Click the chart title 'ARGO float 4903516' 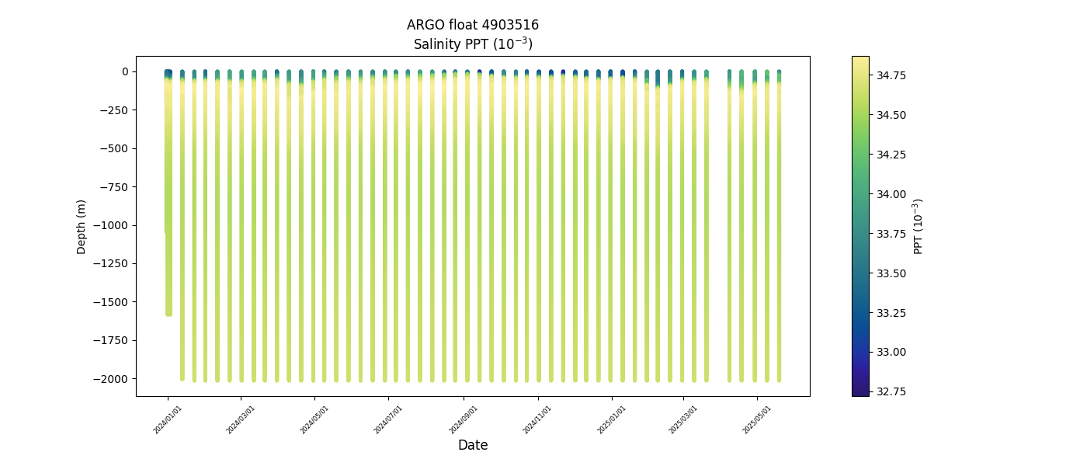[472, 25]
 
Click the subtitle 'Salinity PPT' [472, 44]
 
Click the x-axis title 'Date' [472, 445]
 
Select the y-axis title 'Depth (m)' [82, 226]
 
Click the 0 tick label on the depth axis [124, 71]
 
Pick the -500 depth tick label [115, 148]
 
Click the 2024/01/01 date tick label [168, 419]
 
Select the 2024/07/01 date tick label [388, 419]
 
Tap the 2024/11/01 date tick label [537, 419]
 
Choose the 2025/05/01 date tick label [757, 419]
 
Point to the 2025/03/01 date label [683, 419]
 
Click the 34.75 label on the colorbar [891, 75]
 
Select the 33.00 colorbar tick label [891, 352]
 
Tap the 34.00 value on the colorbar [891, 193]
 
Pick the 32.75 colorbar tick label [891, 391]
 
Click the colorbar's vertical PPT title [919, 226]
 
